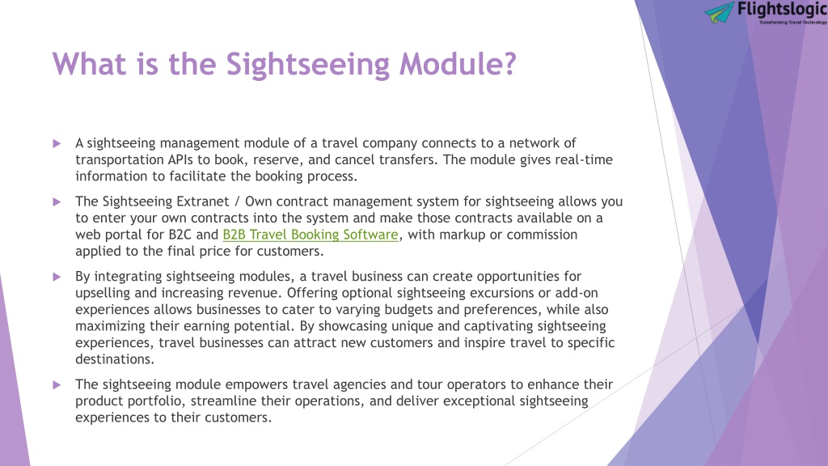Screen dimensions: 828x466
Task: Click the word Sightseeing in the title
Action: click(x=308, y=65)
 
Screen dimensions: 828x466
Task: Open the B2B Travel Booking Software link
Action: click(x=310, y=235)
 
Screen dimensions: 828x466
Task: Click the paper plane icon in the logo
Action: click(x=719, y=12)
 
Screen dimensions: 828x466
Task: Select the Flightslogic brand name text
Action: click(x=782, y=10)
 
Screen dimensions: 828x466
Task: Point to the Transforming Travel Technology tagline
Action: click(x=793, y=22)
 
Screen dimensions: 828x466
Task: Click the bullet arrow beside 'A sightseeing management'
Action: click(x=57, y=143)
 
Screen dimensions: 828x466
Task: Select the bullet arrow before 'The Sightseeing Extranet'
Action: click(x=57, y=201)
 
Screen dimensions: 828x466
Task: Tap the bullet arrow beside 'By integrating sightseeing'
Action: click(x=57, y=277)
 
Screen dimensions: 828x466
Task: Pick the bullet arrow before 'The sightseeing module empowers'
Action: click(x=57, y=385)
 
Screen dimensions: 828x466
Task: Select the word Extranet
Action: click(x=203, y=201)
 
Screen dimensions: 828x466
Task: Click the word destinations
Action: click(x=113, y=359)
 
